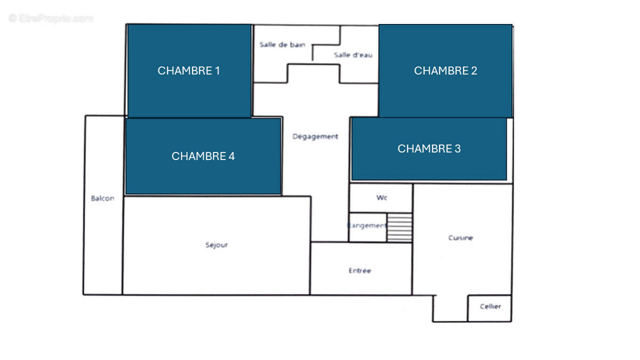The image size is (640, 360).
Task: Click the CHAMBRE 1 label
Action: click(189, 70)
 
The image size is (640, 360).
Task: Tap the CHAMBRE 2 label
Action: click(445, 70)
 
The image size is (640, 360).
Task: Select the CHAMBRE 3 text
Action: click(429, 149)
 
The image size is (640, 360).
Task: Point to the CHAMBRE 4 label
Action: click(203, 156)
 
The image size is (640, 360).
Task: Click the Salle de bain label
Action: click(282, 45)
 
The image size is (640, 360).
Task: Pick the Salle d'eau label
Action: click(353, 55)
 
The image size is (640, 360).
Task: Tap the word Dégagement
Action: click(315, 137)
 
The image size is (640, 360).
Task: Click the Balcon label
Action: click(102, 198)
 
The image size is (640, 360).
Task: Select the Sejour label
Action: click(217, 245)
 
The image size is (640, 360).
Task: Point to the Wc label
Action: click(381, 198)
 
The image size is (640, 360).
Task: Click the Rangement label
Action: click(367, 226)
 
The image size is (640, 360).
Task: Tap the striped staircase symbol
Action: click(399, 228)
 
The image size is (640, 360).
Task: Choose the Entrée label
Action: click(359, 271)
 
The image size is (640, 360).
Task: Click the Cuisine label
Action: click(460, 238)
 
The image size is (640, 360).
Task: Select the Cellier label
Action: click(490, 307)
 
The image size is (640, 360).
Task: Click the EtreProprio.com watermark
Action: click(51, 19)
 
